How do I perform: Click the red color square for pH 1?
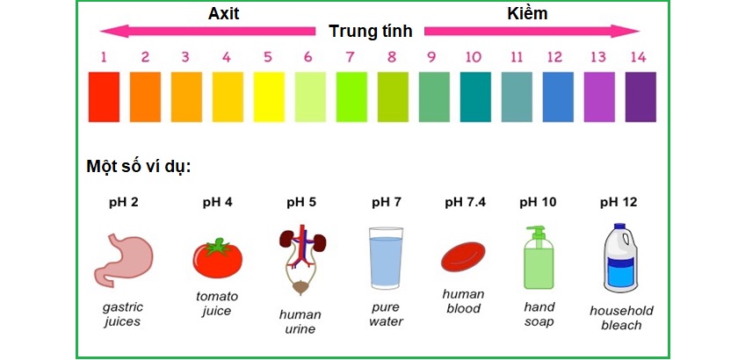coord(104,97)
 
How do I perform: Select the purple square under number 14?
coord(640,97)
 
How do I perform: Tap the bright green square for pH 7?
coord(351,97)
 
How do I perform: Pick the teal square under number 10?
coord(475,97)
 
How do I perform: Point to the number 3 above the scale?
coord(185,57)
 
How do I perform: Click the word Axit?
coord(223,13)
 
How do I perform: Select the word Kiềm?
coord(528,13)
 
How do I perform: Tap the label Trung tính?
coord(371,32)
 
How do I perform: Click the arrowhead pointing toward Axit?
coord(107,32)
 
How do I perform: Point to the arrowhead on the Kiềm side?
coord(633,32)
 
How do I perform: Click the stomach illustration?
coord(120,260)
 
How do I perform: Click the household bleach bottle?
coord(621,259)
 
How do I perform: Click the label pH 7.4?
coord(466,202)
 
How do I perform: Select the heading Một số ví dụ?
coord(139,167)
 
